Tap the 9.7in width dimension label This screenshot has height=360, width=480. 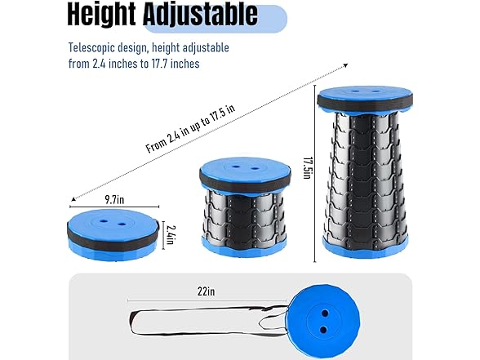pyautogui.click(x=114, y=199)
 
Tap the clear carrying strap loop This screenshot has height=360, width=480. pyautogui.click(x=204, y=321)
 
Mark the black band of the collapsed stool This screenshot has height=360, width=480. pyautogui.click(x=114, y=239)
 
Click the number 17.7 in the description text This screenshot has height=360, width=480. pyautogui.click(x=161, y=64)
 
